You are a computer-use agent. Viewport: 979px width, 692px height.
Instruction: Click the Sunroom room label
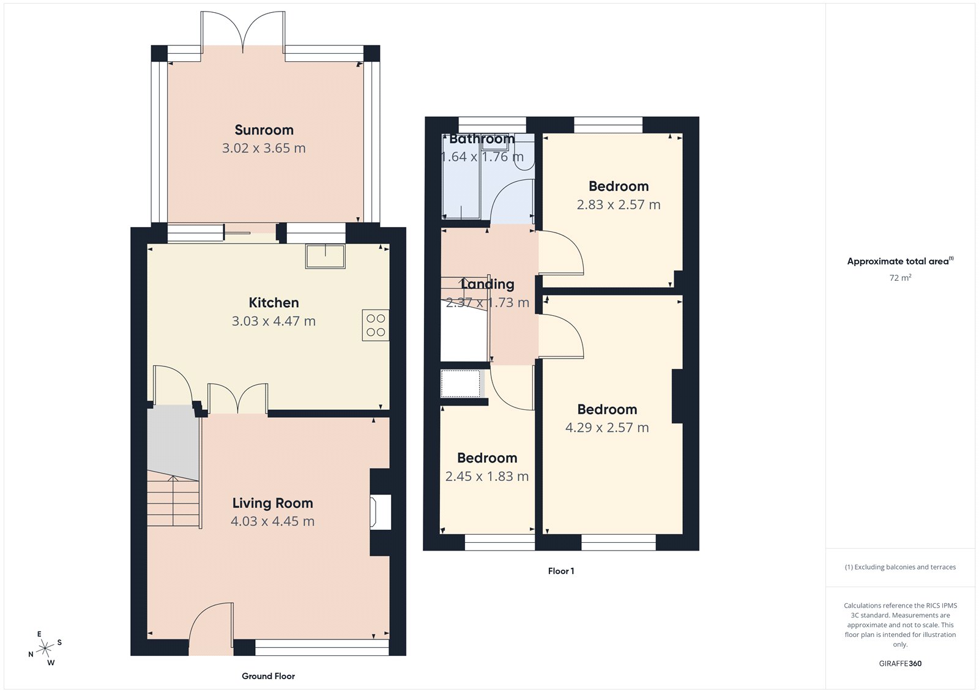[x=264, y=130]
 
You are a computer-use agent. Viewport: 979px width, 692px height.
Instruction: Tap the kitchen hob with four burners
[x=375, y=325]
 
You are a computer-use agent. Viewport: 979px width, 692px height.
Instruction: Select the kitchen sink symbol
[x=326, y=256]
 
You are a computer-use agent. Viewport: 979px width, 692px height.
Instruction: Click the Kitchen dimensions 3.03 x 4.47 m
[x=274, y=321]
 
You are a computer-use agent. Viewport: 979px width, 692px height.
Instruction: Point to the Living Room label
[x=272, y=503]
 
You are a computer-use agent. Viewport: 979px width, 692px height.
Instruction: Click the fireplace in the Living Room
[x=380, y=512]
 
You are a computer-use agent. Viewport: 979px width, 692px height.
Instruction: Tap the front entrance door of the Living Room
[x=211, y=624]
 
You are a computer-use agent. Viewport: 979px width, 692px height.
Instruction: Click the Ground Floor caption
[x=268, y=676]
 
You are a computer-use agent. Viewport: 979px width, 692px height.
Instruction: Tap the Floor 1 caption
[x=560, y=571]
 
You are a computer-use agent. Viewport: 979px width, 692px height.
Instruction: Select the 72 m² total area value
[x=900, y=278]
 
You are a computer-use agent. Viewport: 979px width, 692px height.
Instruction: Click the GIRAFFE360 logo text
[x=900, y=663]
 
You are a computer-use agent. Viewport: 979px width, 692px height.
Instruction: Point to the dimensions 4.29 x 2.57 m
[x=607, y=428]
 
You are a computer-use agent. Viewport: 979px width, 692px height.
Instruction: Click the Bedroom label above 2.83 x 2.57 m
[x=618, y=186]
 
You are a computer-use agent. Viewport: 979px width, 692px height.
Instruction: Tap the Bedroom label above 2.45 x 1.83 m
[x=487, y=458]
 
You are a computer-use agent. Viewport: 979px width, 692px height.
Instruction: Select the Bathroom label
[x=482, y=139]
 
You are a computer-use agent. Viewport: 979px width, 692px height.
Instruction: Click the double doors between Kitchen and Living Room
[x=237, y=399]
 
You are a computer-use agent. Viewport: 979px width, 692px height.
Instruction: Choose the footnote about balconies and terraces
[x=900, y=567]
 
